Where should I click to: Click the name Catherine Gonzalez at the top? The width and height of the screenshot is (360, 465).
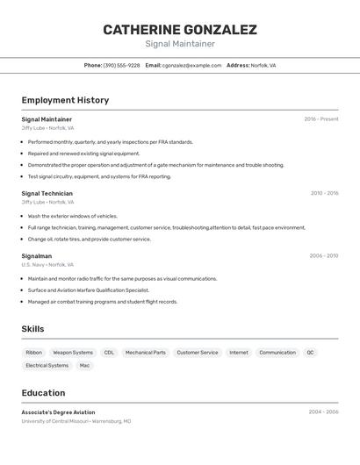180,30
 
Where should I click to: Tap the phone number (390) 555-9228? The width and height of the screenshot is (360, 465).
121,65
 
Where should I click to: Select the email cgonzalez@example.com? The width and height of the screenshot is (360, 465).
191,65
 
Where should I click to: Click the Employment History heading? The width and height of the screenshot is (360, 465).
65,100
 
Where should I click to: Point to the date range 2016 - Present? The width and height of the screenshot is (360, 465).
321,119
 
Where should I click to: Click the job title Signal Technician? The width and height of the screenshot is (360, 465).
47,193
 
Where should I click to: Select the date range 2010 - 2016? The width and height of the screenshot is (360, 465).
324,193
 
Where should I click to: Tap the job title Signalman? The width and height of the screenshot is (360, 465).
37,256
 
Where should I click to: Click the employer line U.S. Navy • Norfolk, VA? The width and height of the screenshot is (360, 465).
47,265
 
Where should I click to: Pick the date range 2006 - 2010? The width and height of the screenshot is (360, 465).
324,256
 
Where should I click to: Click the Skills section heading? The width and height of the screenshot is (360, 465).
33,329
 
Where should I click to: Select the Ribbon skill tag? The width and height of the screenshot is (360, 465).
33,353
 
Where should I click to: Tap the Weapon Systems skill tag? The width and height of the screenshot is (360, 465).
73,353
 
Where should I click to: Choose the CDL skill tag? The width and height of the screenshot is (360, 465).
109,353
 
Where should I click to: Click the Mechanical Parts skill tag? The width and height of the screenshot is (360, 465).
146,353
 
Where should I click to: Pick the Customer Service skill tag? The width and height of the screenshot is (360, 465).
198,353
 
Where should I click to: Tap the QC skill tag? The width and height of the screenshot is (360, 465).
310,353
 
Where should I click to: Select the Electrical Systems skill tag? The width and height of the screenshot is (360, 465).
47,365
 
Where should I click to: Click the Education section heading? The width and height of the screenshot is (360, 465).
43,393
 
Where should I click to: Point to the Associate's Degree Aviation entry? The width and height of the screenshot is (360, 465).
58,412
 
